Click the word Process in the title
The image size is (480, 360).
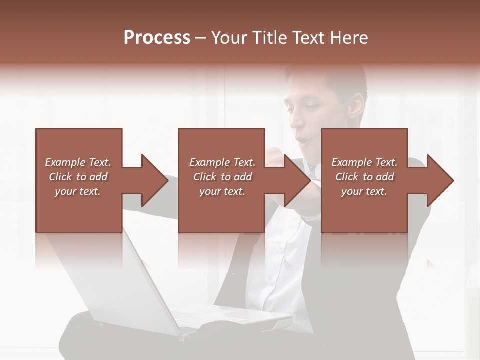pyautogui.click(x=157, y=38)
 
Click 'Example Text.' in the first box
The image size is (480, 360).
pyautogui.click(x=78, y=162)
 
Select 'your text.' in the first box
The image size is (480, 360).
pyautogui.click(x=78, y=191)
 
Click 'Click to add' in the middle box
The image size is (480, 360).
pyautogui.click(x=222, y=177)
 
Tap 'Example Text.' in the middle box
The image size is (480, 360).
pyautogui.click(x=222, y=162)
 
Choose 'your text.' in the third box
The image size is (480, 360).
pyautogui.click(x=364, y=191)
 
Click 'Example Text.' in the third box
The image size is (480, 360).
pyautogui.click(x=364, y=162)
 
